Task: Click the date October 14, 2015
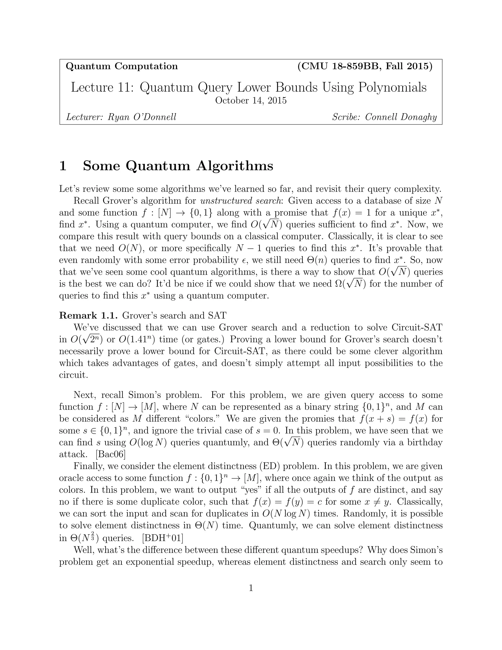coord(251,101)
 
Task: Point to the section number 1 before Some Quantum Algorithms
coord(63,166)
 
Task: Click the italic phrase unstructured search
coord(241,201)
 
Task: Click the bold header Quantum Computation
coord(122,66)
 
